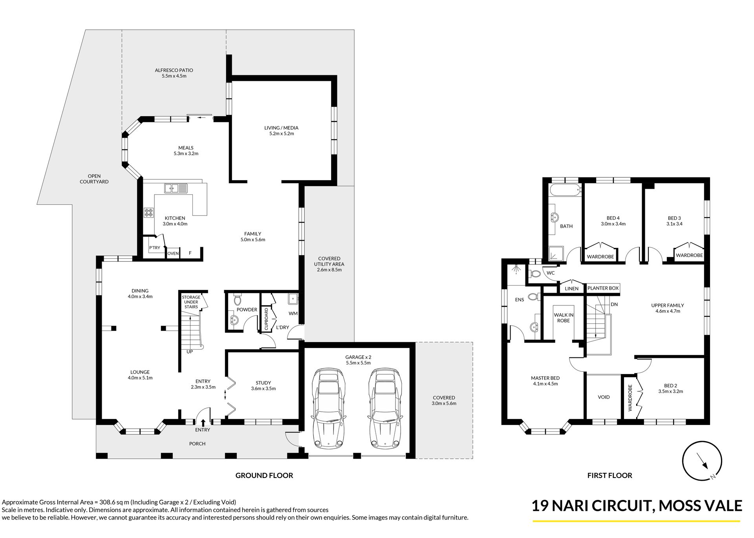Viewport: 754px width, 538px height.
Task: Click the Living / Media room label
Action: (281, 131)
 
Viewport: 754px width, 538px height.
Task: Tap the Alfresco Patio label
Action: (174, 73)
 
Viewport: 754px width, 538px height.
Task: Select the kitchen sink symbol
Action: (176, 188)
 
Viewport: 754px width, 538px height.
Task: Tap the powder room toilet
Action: (237, 300)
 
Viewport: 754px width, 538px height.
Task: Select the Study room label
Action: (263, 386)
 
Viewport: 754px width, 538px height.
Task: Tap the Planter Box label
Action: (603, 288)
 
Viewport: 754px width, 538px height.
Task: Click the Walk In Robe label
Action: (564, 317)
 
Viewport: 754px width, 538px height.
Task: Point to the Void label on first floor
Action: (604, 397)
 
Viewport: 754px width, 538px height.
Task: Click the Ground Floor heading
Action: (264, 475)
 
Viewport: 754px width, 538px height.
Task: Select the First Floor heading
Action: (609, 475)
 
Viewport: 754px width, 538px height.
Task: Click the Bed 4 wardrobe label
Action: (600, 257)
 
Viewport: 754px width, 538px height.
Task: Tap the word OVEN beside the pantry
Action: (173, 253)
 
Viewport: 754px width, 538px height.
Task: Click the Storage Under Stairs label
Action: (191, 302)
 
